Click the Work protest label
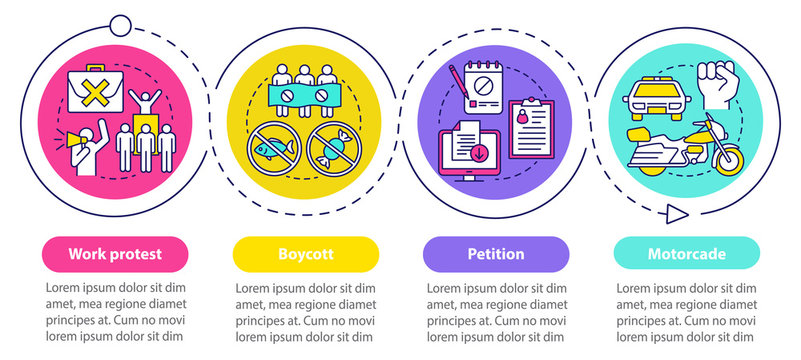pos(115,254)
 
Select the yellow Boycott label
pos(305,254)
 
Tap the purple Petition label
pos(496,254)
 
